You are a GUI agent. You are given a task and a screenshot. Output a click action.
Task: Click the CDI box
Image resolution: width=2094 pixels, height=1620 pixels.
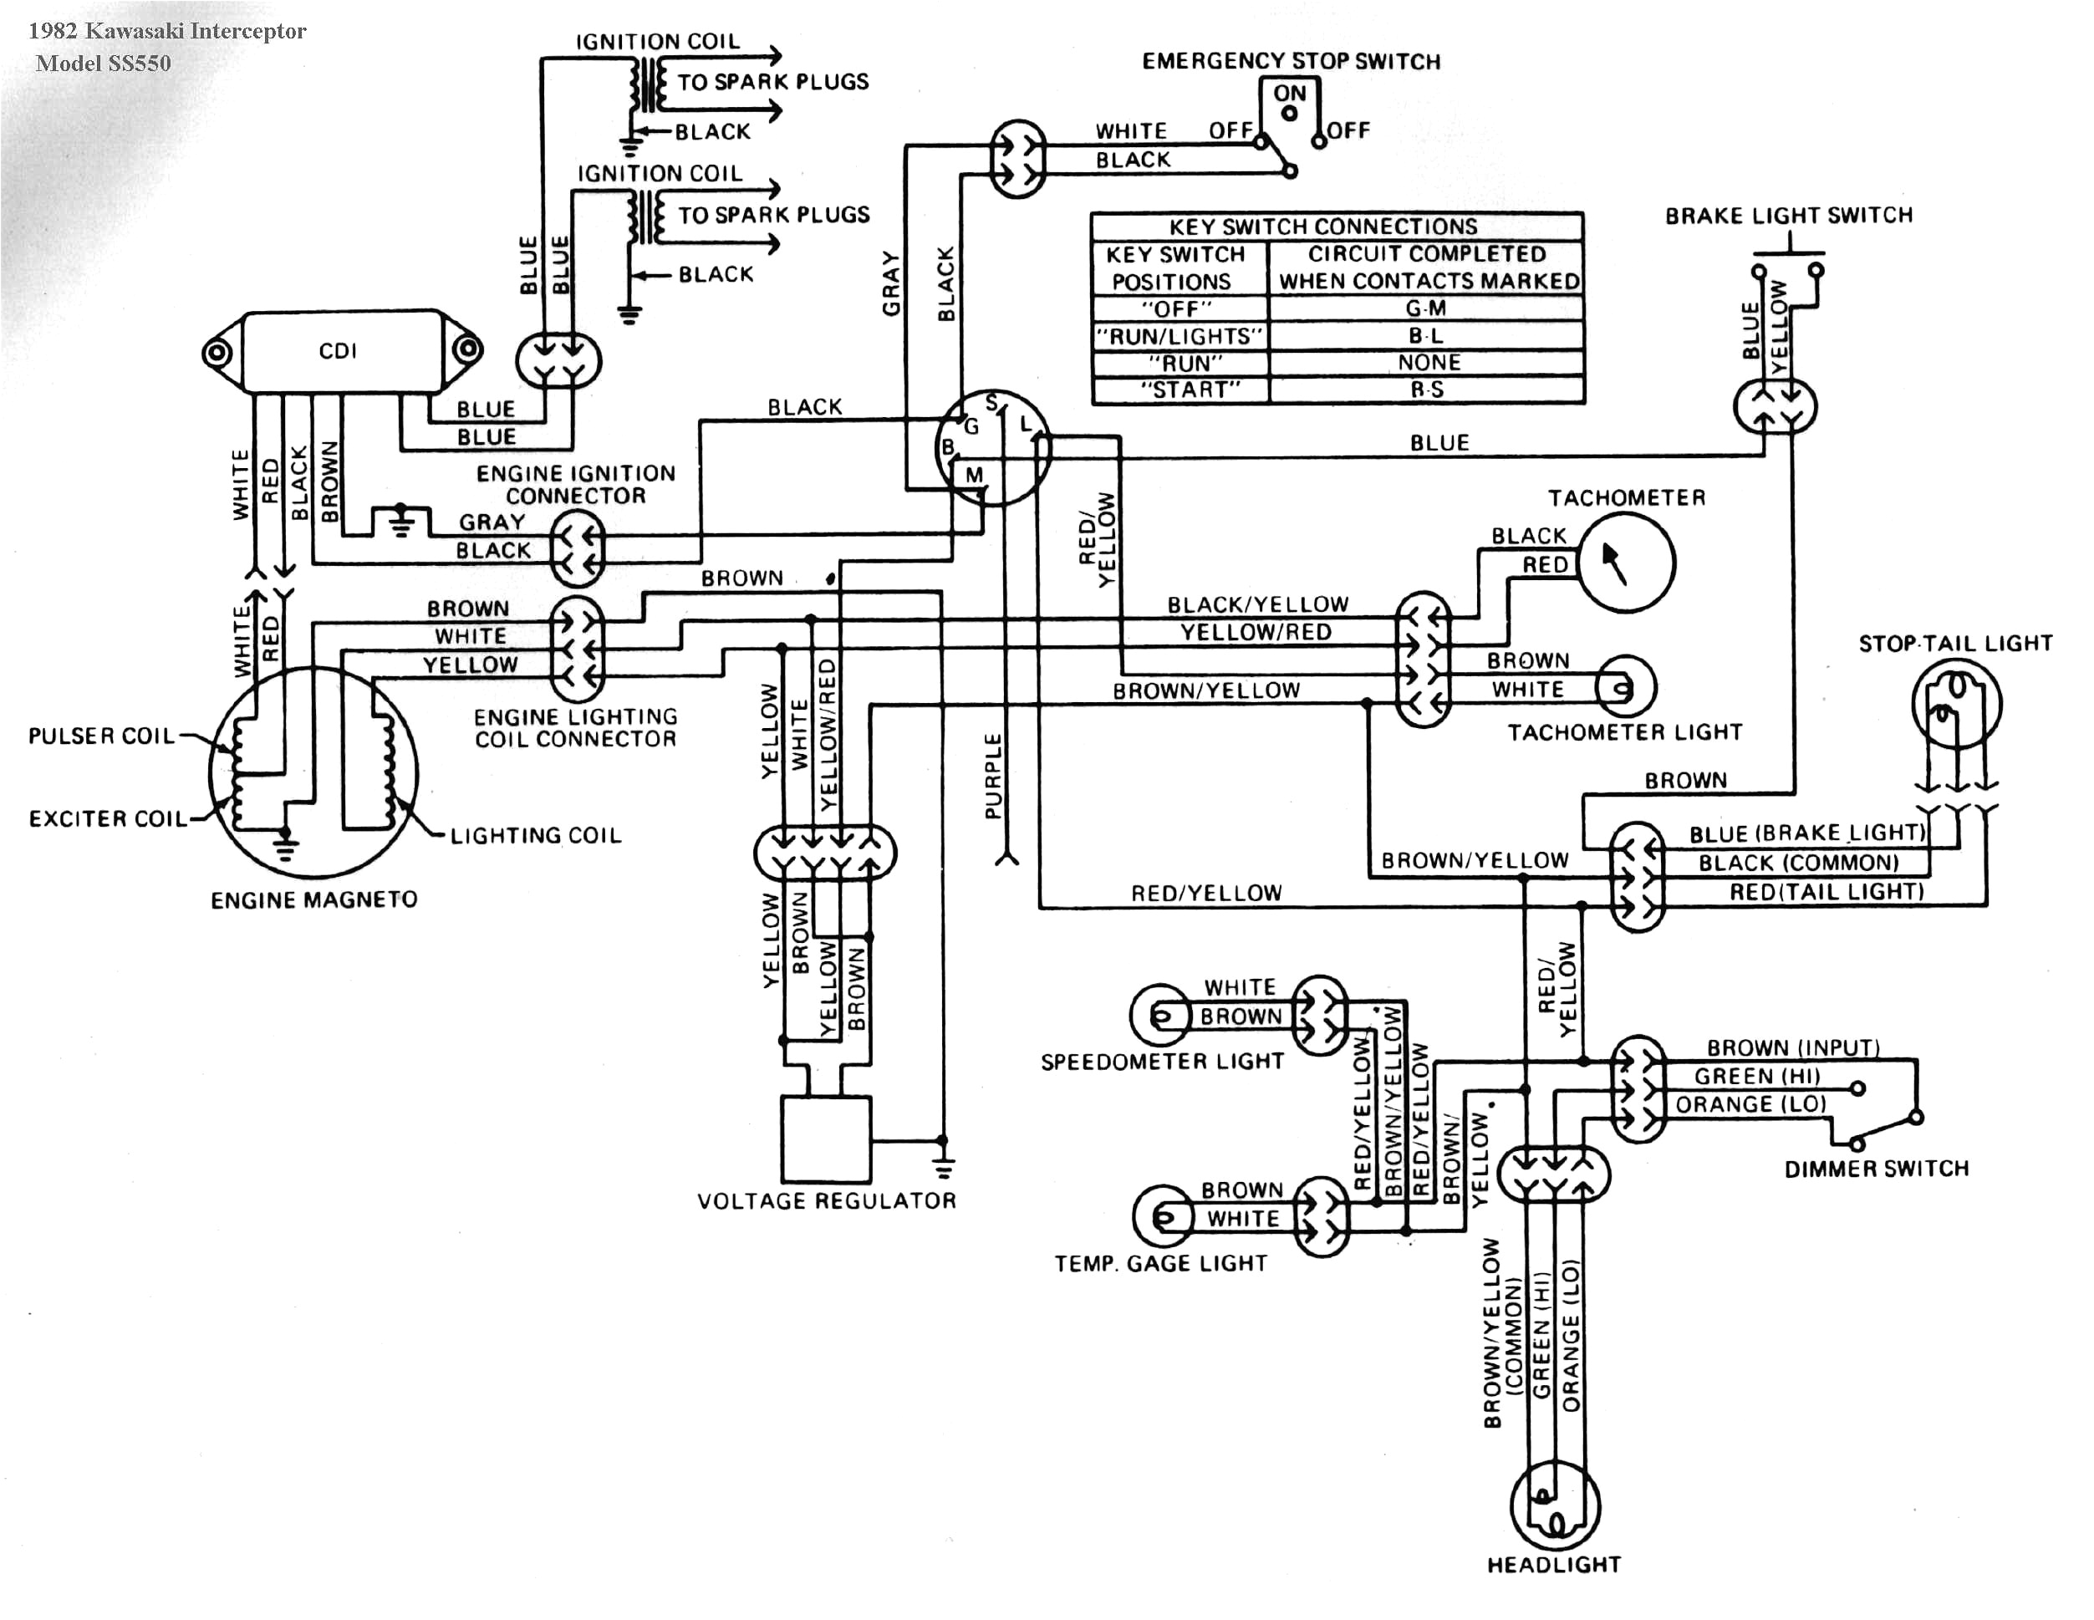point(340,352)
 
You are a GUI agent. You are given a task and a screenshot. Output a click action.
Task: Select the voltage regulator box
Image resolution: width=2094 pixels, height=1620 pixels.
point(827,1139)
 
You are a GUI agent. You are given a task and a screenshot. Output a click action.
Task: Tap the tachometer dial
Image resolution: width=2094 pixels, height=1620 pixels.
point(1626,563)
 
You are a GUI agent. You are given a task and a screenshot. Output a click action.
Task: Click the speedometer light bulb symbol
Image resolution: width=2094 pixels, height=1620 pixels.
point(1159,1014)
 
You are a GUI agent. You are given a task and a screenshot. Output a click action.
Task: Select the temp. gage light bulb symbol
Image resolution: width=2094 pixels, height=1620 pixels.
point(1162,1216)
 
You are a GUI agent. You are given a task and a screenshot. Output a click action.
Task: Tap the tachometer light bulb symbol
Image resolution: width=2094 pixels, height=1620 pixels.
point(1625,686)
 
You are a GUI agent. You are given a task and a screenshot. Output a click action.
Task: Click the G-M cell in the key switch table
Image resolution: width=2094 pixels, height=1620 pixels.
point(1426,308)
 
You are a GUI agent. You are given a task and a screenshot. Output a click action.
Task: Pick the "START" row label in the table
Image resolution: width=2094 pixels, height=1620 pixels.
point(1179,390)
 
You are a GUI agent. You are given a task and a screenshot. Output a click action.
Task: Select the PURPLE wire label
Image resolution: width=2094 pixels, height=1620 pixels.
point(993,777)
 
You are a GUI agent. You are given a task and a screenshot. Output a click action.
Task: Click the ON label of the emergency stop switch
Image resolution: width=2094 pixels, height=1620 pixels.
point(1290,94)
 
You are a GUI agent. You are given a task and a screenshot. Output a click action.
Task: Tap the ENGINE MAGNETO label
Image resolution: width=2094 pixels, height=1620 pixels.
point(313,900)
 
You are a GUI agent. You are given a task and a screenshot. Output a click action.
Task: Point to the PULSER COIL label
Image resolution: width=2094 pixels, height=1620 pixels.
point(102,736)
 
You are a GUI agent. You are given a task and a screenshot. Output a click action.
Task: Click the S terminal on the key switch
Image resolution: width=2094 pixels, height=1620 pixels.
point(991,403)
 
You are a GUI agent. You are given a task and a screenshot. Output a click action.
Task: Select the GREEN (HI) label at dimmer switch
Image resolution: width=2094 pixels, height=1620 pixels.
point(1756,1077)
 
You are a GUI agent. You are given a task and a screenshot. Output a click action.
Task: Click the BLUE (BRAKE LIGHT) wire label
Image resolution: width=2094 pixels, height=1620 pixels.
point(1806,833)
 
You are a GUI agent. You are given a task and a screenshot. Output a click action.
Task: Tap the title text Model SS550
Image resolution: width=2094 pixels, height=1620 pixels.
point(104,64)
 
